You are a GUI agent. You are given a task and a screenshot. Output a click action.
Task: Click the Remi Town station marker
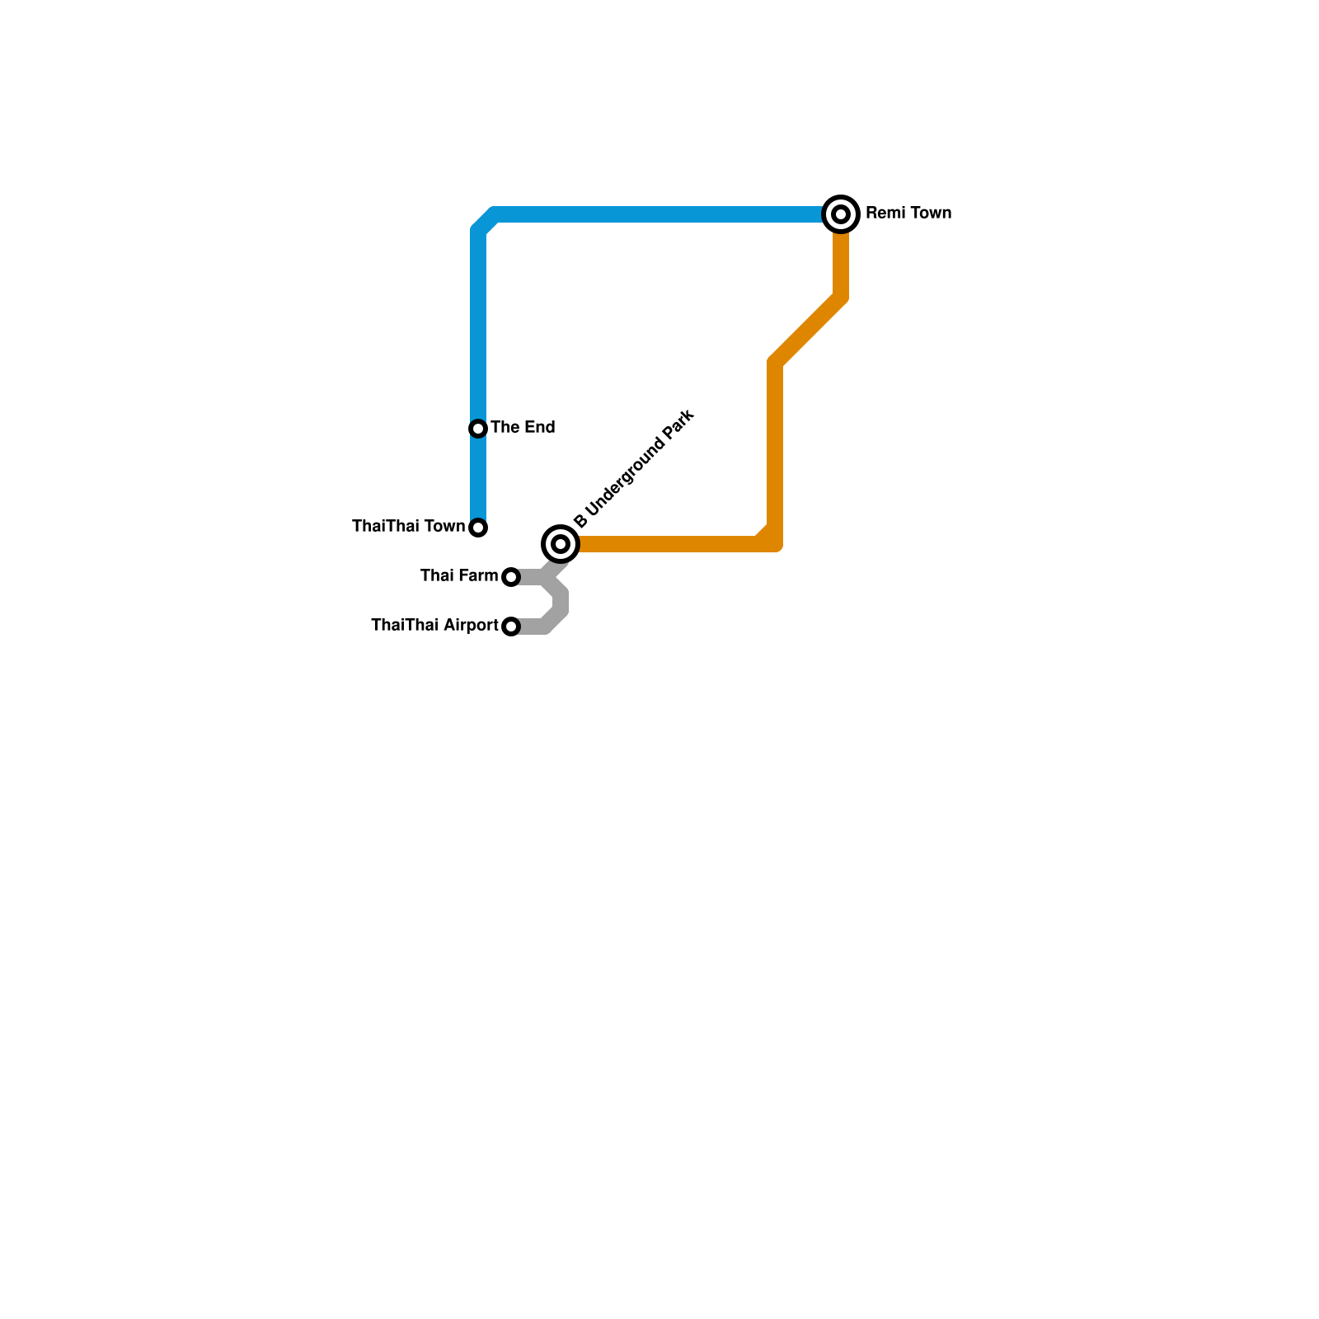pyautogui.click(x=841, y=214)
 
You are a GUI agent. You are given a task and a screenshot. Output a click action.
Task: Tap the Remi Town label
pyautogui.click(x=908, y=214)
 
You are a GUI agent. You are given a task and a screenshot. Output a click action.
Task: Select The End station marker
pyautogui.click(x=478, y=429)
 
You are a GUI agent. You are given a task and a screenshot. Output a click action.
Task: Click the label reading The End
pyautogui.click(x=523, y=428)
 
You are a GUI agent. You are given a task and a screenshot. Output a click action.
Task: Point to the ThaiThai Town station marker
pyautogui.click(x=478, y=528)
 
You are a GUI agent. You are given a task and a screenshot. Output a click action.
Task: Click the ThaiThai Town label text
pyautogui.click(x=409, y=527)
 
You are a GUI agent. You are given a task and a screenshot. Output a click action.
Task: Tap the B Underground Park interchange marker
pyautogui.click(x=561, y=544)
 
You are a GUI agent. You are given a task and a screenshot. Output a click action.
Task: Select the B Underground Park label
pyautogui.click(x=634, y=469)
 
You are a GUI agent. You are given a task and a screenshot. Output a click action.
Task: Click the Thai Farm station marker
pyautogui.click(x=511, y=577)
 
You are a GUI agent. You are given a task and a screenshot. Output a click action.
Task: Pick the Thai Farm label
pyautogui.click(x=459, y=576)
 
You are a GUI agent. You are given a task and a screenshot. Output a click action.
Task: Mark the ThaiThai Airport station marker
pyautogui.click(x=511, y=627)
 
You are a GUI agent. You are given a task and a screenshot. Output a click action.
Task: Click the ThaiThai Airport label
pyautogui.click(x=434, y=626)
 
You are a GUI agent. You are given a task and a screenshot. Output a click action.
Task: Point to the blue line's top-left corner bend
pyautogui.click(x=484, y=221)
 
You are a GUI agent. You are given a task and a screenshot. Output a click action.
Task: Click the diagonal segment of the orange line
pyautogui.click(x=808, y=330)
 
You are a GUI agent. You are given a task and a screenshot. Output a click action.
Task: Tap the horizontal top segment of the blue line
pyautogui.click(x=659, y=214)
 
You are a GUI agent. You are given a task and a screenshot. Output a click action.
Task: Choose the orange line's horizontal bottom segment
pyautogui.click(x=668, y=544)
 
